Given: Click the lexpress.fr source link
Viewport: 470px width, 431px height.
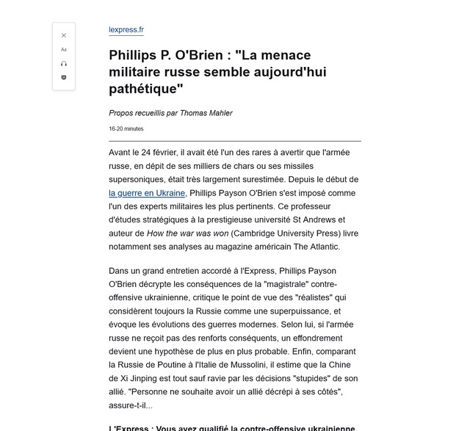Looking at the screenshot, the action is click(126, 30).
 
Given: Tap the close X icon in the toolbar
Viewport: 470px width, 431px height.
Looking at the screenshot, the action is click(64, 35).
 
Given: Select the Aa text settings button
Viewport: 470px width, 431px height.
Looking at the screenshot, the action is click(64, 49).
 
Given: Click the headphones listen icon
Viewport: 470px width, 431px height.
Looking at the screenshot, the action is click(64, 63).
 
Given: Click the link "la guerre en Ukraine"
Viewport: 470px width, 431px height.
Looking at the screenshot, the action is click(147, 193).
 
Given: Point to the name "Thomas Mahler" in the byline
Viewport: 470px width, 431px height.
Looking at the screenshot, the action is click(206, 113).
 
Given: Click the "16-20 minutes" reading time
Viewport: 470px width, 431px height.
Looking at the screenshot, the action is click(126, 128).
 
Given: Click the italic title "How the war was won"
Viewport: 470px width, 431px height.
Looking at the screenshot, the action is click(187, 233).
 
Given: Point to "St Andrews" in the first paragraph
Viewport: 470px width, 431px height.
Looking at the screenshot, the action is click(314, 220).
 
